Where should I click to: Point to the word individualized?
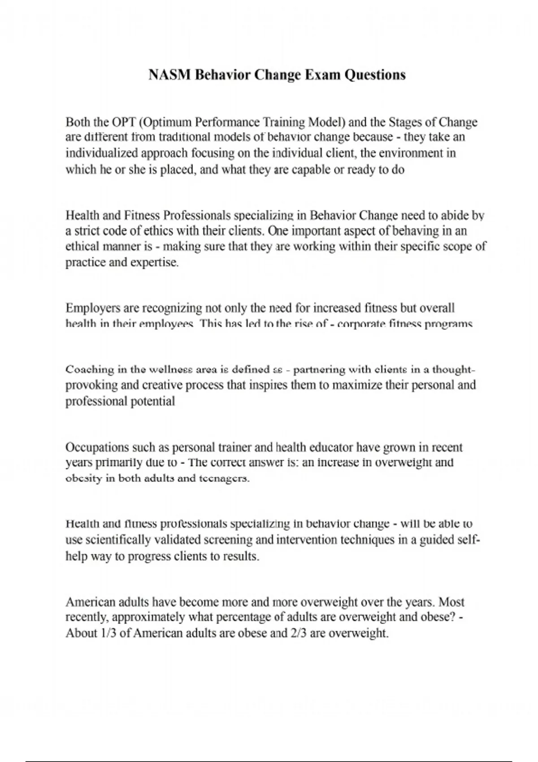tap(102, 153)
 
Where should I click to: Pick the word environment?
tap(410, 153)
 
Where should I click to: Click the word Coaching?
tap(90, 370)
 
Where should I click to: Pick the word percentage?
tap(242, 618)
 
